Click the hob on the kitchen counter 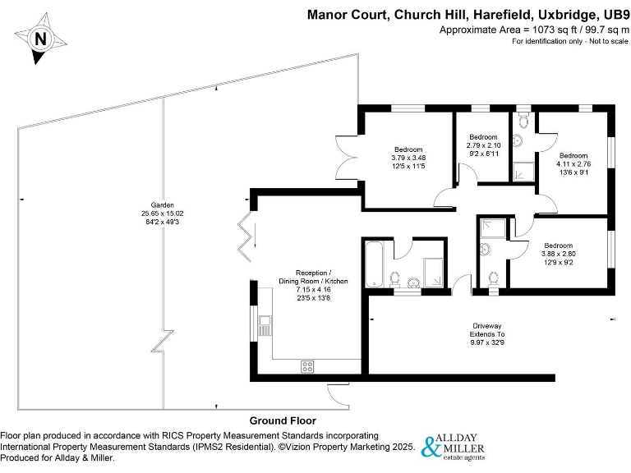tap(309, 366)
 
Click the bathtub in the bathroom tap(374, 263)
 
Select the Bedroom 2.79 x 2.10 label tap(483, 136)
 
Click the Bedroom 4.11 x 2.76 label tap(573, 155)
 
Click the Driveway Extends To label tap(487, 330)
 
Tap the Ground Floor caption tap(283, 420)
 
